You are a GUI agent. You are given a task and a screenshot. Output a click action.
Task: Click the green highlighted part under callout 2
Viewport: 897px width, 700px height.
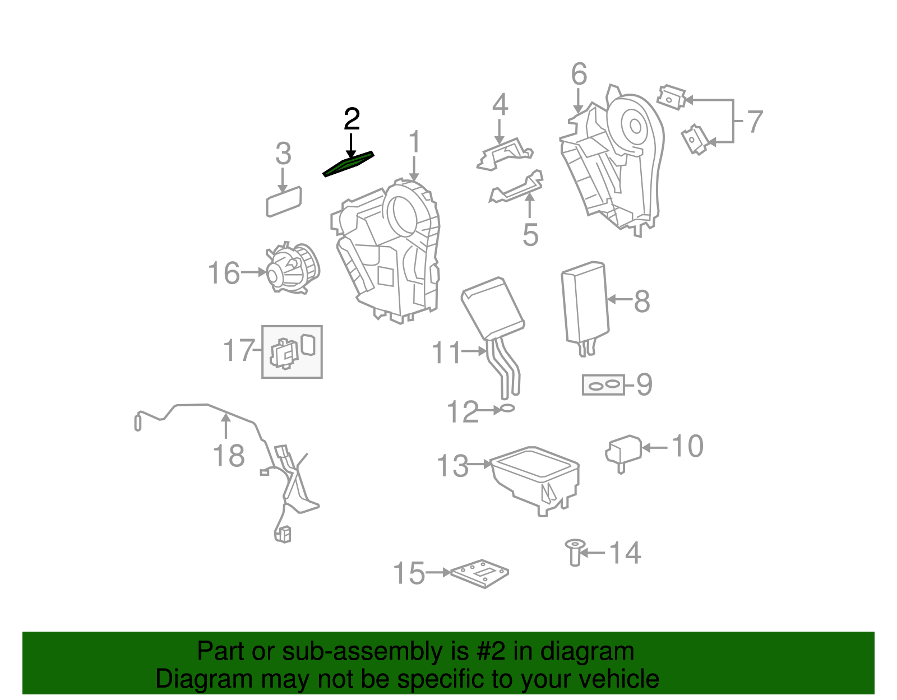(x=348, y=164)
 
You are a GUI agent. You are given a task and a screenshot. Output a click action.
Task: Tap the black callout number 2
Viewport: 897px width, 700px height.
(x=352, y=119)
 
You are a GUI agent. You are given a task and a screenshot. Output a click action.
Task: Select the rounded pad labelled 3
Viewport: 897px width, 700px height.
(x=284, y=201)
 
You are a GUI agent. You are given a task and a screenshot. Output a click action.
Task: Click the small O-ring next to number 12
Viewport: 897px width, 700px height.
(x=507, y=409)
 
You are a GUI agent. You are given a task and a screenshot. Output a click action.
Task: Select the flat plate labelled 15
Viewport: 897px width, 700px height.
(x=480, y=573)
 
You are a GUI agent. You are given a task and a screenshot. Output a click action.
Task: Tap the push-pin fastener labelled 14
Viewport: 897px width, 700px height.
(x=575, y=552)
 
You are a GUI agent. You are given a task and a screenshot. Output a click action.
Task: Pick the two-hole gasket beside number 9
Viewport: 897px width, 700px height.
(x=603, y=385)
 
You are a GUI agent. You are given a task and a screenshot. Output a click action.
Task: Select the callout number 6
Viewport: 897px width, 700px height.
(x=579, y=74)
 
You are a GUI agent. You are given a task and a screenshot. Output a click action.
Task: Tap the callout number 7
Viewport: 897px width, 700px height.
(x=755, y=122)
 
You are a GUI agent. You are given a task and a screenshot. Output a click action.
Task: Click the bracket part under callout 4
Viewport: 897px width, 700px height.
(x=505, y=154)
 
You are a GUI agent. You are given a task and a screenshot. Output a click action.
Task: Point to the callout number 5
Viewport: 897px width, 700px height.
(x=530, y=235)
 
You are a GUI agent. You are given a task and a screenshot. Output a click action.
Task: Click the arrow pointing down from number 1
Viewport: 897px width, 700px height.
(x=414, y=168)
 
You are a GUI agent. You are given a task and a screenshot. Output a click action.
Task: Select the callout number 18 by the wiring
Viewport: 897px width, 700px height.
(x=229, y=456)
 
